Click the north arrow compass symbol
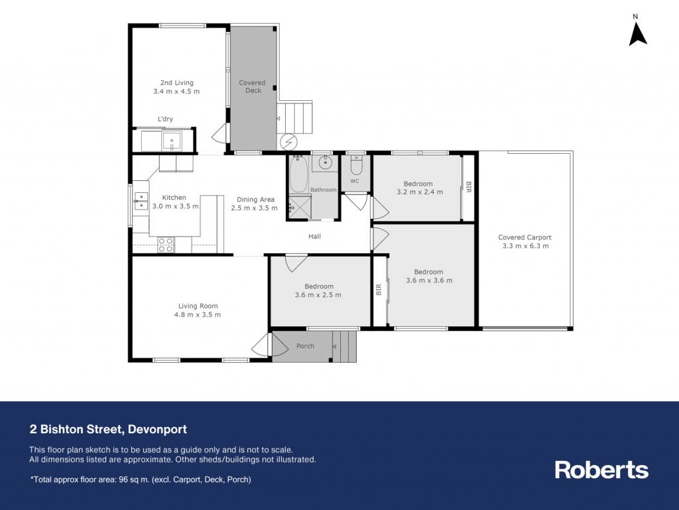pyautogui.click(x=637, y=34)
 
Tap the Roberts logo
pyautogui.click(x=601, y=470)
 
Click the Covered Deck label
pyautogui.click(x=253, y=87)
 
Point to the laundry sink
pyautogui.click(x=172, y=141)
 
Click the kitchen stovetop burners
pyautogui.click(x=165, y=245)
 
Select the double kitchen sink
pyautogui.click(x=141, y=202)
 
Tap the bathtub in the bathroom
pyautogui.click(x=298, y=174)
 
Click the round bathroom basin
pyautogui.click(x=325, y=162)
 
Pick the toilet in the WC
pyautogui.click(x=355, y=164)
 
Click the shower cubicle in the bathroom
pyautogui.click(x=300, y=208)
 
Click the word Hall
pyautogui.click(x=315, y=236)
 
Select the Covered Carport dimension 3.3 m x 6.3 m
pyautogui.click(x=525, y=246)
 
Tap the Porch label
pyautogui.click(x=305, y=346)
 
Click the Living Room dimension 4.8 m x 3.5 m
pyautogui.click(x=198, y=315)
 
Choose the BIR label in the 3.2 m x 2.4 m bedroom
pyautogui.click(x=468, y=187)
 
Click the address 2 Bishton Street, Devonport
pyautogui.click(x=108, y=429)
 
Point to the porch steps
pyautogui.click(x=344, y=346)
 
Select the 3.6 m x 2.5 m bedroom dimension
pyautogui.click(x=318, y=295)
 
